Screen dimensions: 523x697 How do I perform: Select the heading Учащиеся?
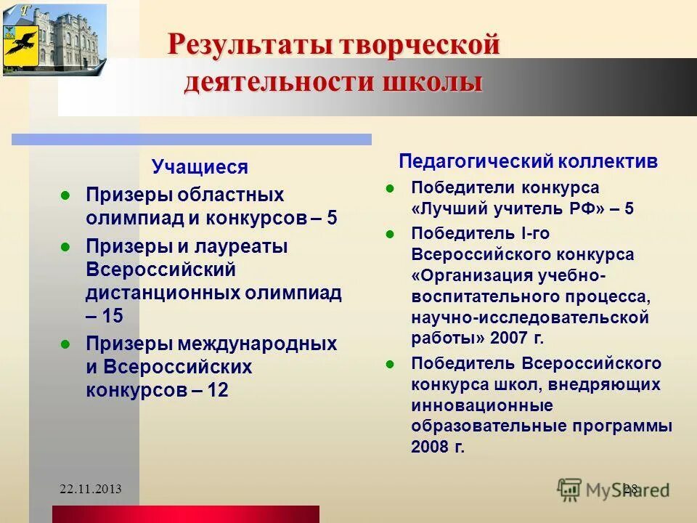[200, 168]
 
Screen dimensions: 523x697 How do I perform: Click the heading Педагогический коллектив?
[529, 161]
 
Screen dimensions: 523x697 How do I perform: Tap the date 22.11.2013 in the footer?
[91, 489]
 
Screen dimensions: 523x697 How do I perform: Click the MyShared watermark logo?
[614, 488]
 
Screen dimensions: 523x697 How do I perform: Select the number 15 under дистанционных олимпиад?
[113, 316]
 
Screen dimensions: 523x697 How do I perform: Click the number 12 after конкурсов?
[218, 390]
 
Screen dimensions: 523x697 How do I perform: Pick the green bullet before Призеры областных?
[65, 195]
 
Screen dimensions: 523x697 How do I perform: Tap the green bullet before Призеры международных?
[65, 344]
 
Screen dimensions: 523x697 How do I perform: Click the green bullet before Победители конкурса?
[389, 187]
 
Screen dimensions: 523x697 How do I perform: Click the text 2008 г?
[437, 447]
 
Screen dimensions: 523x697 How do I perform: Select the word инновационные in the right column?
[482, 405]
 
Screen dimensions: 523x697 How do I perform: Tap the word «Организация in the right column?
[473, 276]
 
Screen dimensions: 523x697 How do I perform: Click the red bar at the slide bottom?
[185, 514]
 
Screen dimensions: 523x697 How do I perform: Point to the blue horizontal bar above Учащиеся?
[191, 139]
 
